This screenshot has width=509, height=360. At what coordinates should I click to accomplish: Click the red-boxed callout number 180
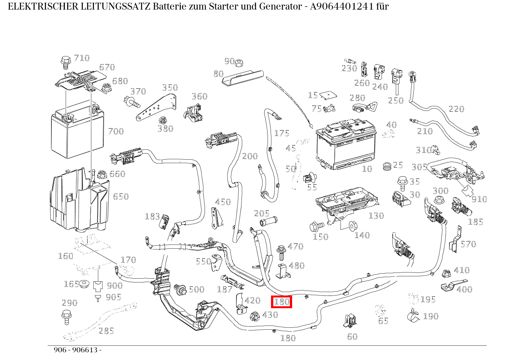pos(281,302)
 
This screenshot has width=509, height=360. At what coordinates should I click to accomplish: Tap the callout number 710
pos(82,58)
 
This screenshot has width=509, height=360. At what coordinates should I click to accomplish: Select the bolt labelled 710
pos(65,61)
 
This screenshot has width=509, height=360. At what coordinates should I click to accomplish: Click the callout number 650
pos(121,197)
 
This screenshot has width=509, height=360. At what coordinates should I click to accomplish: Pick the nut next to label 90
pos(240,62)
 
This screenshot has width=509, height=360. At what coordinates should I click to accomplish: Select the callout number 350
pos(170,88)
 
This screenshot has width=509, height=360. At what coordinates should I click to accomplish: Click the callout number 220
pos(456,109)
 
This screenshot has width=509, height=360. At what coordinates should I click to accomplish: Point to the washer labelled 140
pos(351,226)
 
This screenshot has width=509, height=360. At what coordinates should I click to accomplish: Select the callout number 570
pos(468,244)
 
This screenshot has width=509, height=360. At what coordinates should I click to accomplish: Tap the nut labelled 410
pos(446,274)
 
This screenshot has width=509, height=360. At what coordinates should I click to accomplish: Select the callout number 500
pos(196,289)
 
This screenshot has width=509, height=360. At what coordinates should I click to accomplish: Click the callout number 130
pos(376,216)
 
